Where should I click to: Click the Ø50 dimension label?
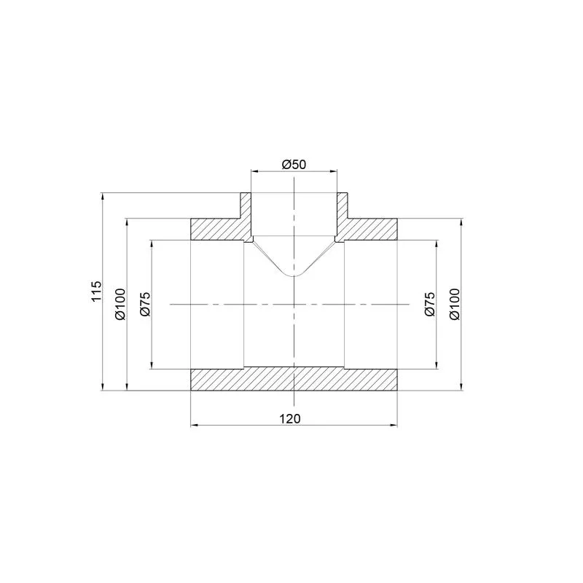[294, 164]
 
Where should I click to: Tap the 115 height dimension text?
[96, 291]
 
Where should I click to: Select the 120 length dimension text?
[289, 418]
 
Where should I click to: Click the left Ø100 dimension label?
[120, 304]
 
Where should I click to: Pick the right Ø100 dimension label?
[455, 304]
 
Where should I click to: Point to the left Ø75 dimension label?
[145, 304]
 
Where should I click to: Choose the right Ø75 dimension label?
[430, 304]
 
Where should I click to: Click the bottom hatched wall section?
[294, 379]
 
